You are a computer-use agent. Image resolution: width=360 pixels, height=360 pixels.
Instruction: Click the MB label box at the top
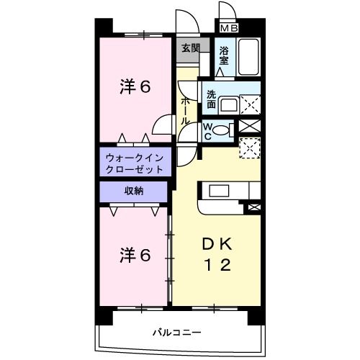[229, 28]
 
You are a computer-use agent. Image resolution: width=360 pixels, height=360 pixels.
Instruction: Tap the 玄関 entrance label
[190, 49]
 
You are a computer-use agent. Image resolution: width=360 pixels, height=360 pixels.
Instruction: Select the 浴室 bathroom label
[224, 55]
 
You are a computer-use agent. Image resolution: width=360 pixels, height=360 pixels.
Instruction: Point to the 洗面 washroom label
[211, 99]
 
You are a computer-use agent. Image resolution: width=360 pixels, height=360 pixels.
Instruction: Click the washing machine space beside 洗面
[248, 104]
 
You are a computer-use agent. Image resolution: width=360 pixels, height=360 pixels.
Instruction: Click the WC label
[207, 130]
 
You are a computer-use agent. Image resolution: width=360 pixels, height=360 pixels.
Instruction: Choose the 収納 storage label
[134, 191]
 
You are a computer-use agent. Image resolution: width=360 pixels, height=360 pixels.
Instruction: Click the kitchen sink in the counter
[219, 192]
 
